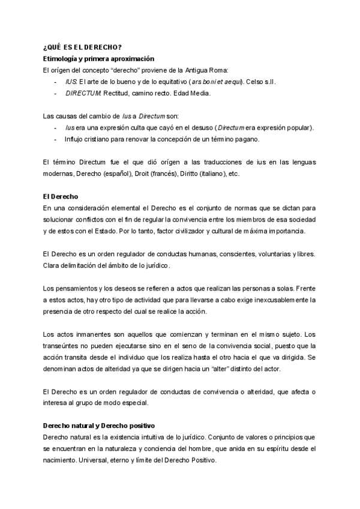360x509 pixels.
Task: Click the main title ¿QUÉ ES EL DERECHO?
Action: click(83, 48)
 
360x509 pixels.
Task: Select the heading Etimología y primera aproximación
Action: click(99, 59)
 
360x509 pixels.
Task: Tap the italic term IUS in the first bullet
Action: click(71, 82)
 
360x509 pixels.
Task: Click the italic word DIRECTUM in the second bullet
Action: click(83, 93)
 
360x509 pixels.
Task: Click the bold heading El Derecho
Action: click(61, 197)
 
